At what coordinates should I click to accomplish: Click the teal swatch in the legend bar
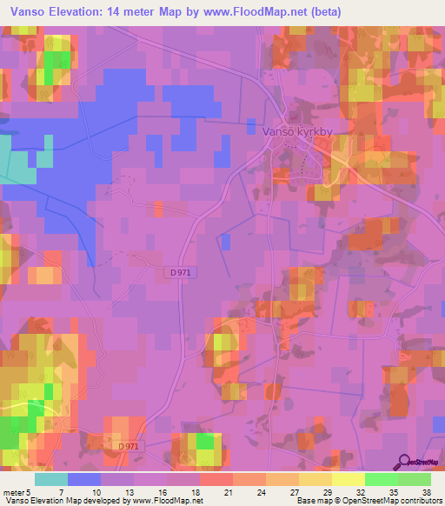pos(51,479)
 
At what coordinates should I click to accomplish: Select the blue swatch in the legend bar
pos(84,479)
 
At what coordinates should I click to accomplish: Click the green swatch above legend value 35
pos(382,479)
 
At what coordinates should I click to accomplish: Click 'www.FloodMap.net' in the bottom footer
pos(165,501)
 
